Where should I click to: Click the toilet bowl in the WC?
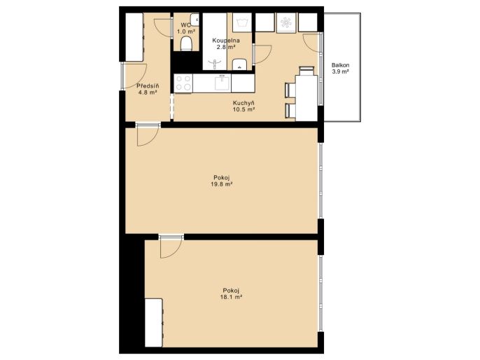click(186, 43)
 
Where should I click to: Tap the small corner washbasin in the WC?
click(195, 20)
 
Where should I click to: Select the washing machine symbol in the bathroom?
click(242, 22)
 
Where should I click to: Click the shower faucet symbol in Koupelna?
click(215, 64)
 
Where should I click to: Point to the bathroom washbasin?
click(240, 64)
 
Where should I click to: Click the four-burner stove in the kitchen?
click(183, 83)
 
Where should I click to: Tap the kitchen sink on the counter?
click(223, 83)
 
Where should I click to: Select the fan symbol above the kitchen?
click(286, 22)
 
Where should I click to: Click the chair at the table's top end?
click(306, 71)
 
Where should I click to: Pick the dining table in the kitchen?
click(306, 98)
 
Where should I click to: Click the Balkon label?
click(340, 65)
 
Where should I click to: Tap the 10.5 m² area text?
click(244, 109)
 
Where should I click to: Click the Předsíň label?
click(148, 86)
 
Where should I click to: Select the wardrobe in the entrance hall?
click(134, 37)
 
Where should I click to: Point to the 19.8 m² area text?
click(222, 184)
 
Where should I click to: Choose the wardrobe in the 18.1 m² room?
click(154, 323)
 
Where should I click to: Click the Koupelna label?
click(226, 41)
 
